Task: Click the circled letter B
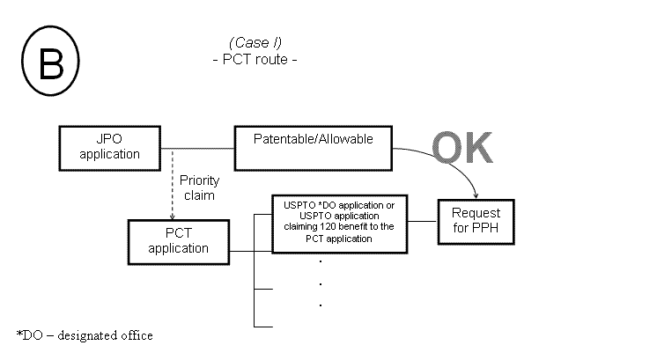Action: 50,63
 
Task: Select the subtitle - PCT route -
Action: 255,60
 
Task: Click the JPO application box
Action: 109,147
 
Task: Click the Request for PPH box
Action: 475,220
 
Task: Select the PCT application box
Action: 178,240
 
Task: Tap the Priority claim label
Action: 198,187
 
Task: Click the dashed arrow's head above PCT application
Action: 173,215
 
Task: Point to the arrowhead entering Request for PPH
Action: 476,195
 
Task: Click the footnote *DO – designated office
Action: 85,335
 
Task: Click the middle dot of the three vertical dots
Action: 321,283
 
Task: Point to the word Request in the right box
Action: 475,213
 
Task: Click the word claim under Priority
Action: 198,195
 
